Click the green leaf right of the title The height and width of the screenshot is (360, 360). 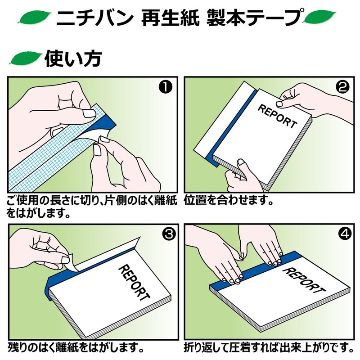coord(319,18)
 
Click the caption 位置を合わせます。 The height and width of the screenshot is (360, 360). coord(229,199)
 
